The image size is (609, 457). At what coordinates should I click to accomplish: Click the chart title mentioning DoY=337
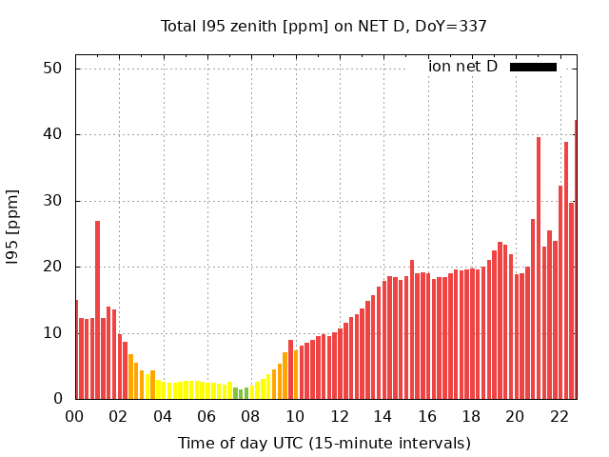(x=324, y=26)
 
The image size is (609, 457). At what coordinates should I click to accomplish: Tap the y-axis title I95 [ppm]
(x=12, y=227)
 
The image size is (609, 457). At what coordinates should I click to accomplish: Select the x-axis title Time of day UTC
(x=324, y=443)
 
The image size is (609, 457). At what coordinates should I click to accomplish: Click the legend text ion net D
(x=462, y=67)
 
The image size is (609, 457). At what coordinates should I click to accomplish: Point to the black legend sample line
(x=533, y=67)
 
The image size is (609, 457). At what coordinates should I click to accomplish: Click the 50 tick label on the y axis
(x=52, y=69)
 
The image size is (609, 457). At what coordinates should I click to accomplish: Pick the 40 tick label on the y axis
(x=52, y=134)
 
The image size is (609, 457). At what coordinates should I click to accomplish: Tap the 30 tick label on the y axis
(x=52, y=201)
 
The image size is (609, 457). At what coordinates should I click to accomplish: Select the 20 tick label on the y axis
(x=52, y=267)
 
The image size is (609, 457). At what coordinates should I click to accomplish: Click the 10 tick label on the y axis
(x=52, y=333)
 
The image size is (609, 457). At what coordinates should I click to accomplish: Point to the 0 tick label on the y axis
(x=57, y=399)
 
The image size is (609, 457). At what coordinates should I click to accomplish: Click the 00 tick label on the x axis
(x=75, y=416)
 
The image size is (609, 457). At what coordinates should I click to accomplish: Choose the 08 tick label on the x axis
(x=251, y=416)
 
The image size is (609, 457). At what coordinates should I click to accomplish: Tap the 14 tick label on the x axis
(x=383, y=416)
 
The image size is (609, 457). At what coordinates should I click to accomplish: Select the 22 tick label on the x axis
(x=559, y=416)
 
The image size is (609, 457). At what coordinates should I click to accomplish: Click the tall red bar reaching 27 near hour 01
(x=97, y=309)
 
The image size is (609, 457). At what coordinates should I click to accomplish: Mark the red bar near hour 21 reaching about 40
(x=539, y=268)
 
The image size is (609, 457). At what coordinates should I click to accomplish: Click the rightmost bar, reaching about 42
(x=575, y=259)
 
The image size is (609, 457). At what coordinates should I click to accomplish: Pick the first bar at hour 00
(x=77, y=349)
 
